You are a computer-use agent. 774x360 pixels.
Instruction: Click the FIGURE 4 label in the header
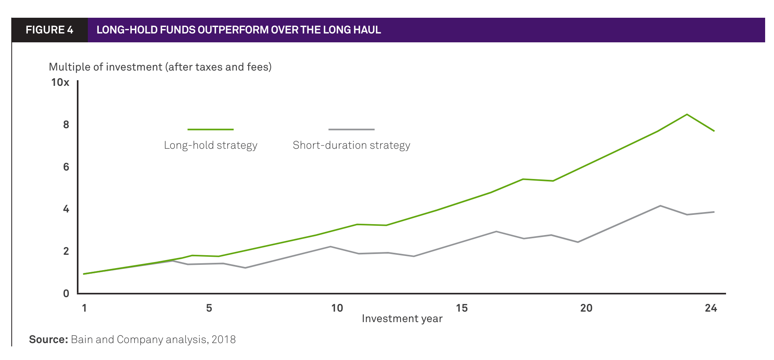(49, 30)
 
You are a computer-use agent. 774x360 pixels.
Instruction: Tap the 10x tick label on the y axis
(60, 82)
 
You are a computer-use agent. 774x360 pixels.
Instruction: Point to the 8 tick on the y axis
(66, 125)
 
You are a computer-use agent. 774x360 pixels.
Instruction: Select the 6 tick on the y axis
(66, 167)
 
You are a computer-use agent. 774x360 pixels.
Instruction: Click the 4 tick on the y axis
(66, 209)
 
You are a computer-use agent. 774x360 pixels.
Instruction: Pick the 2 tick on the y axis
(66, 251)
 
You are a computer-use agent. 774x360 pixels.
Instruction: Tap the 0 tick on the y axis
(66, 293)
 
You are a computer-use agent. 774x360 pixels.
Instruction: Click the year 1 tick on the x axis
(84, 308)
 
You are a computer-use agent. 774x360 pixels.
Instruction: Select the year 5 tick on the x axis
(209, 308)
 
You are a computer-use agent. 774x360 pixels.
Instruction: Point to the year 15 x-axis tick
(462, 308)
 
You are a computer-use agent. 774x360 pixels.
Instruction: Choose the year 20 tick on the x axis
(586, 308)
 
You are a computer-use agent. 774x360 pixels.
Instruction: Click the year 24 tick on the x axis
(711, 308)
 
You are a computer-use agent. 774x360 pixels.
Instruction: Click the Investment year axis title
(402, 319)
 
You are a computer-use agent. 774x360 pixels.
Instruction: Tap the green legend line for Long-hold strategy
(210, 129)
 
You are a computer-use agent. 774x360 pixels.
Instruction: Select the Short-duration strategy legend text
(351, 145)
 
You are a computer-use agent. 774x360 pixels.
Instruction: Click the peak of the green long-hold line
(687, 114)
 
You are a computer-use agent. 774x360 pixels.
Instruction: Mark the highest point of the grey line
(660, 206)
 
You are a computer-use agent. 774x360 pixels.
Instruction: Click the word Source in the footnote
(48, 339)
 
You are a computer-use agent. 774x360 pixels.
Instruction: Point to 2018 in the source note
(224, 339)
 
